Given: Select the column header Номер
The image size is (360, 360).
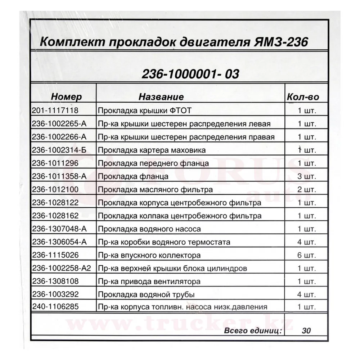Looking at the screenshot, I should coord(66,96).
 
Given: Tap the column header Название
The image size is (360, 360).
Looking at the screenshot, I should coord(161,96).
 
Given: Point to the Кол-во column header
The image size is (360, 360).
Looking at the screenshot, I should coord(303,96).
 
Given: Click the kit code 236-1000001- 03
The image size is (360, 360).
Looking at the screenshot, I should coord(190,74).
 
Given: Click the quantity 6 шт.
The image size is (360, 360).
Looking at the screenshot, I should coord(306,256).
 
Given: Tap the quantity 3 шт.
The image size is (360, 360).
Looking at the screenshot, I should coord(306,176).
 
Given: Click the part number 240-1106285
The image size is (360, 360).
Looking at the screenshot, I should coord(55,307).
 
